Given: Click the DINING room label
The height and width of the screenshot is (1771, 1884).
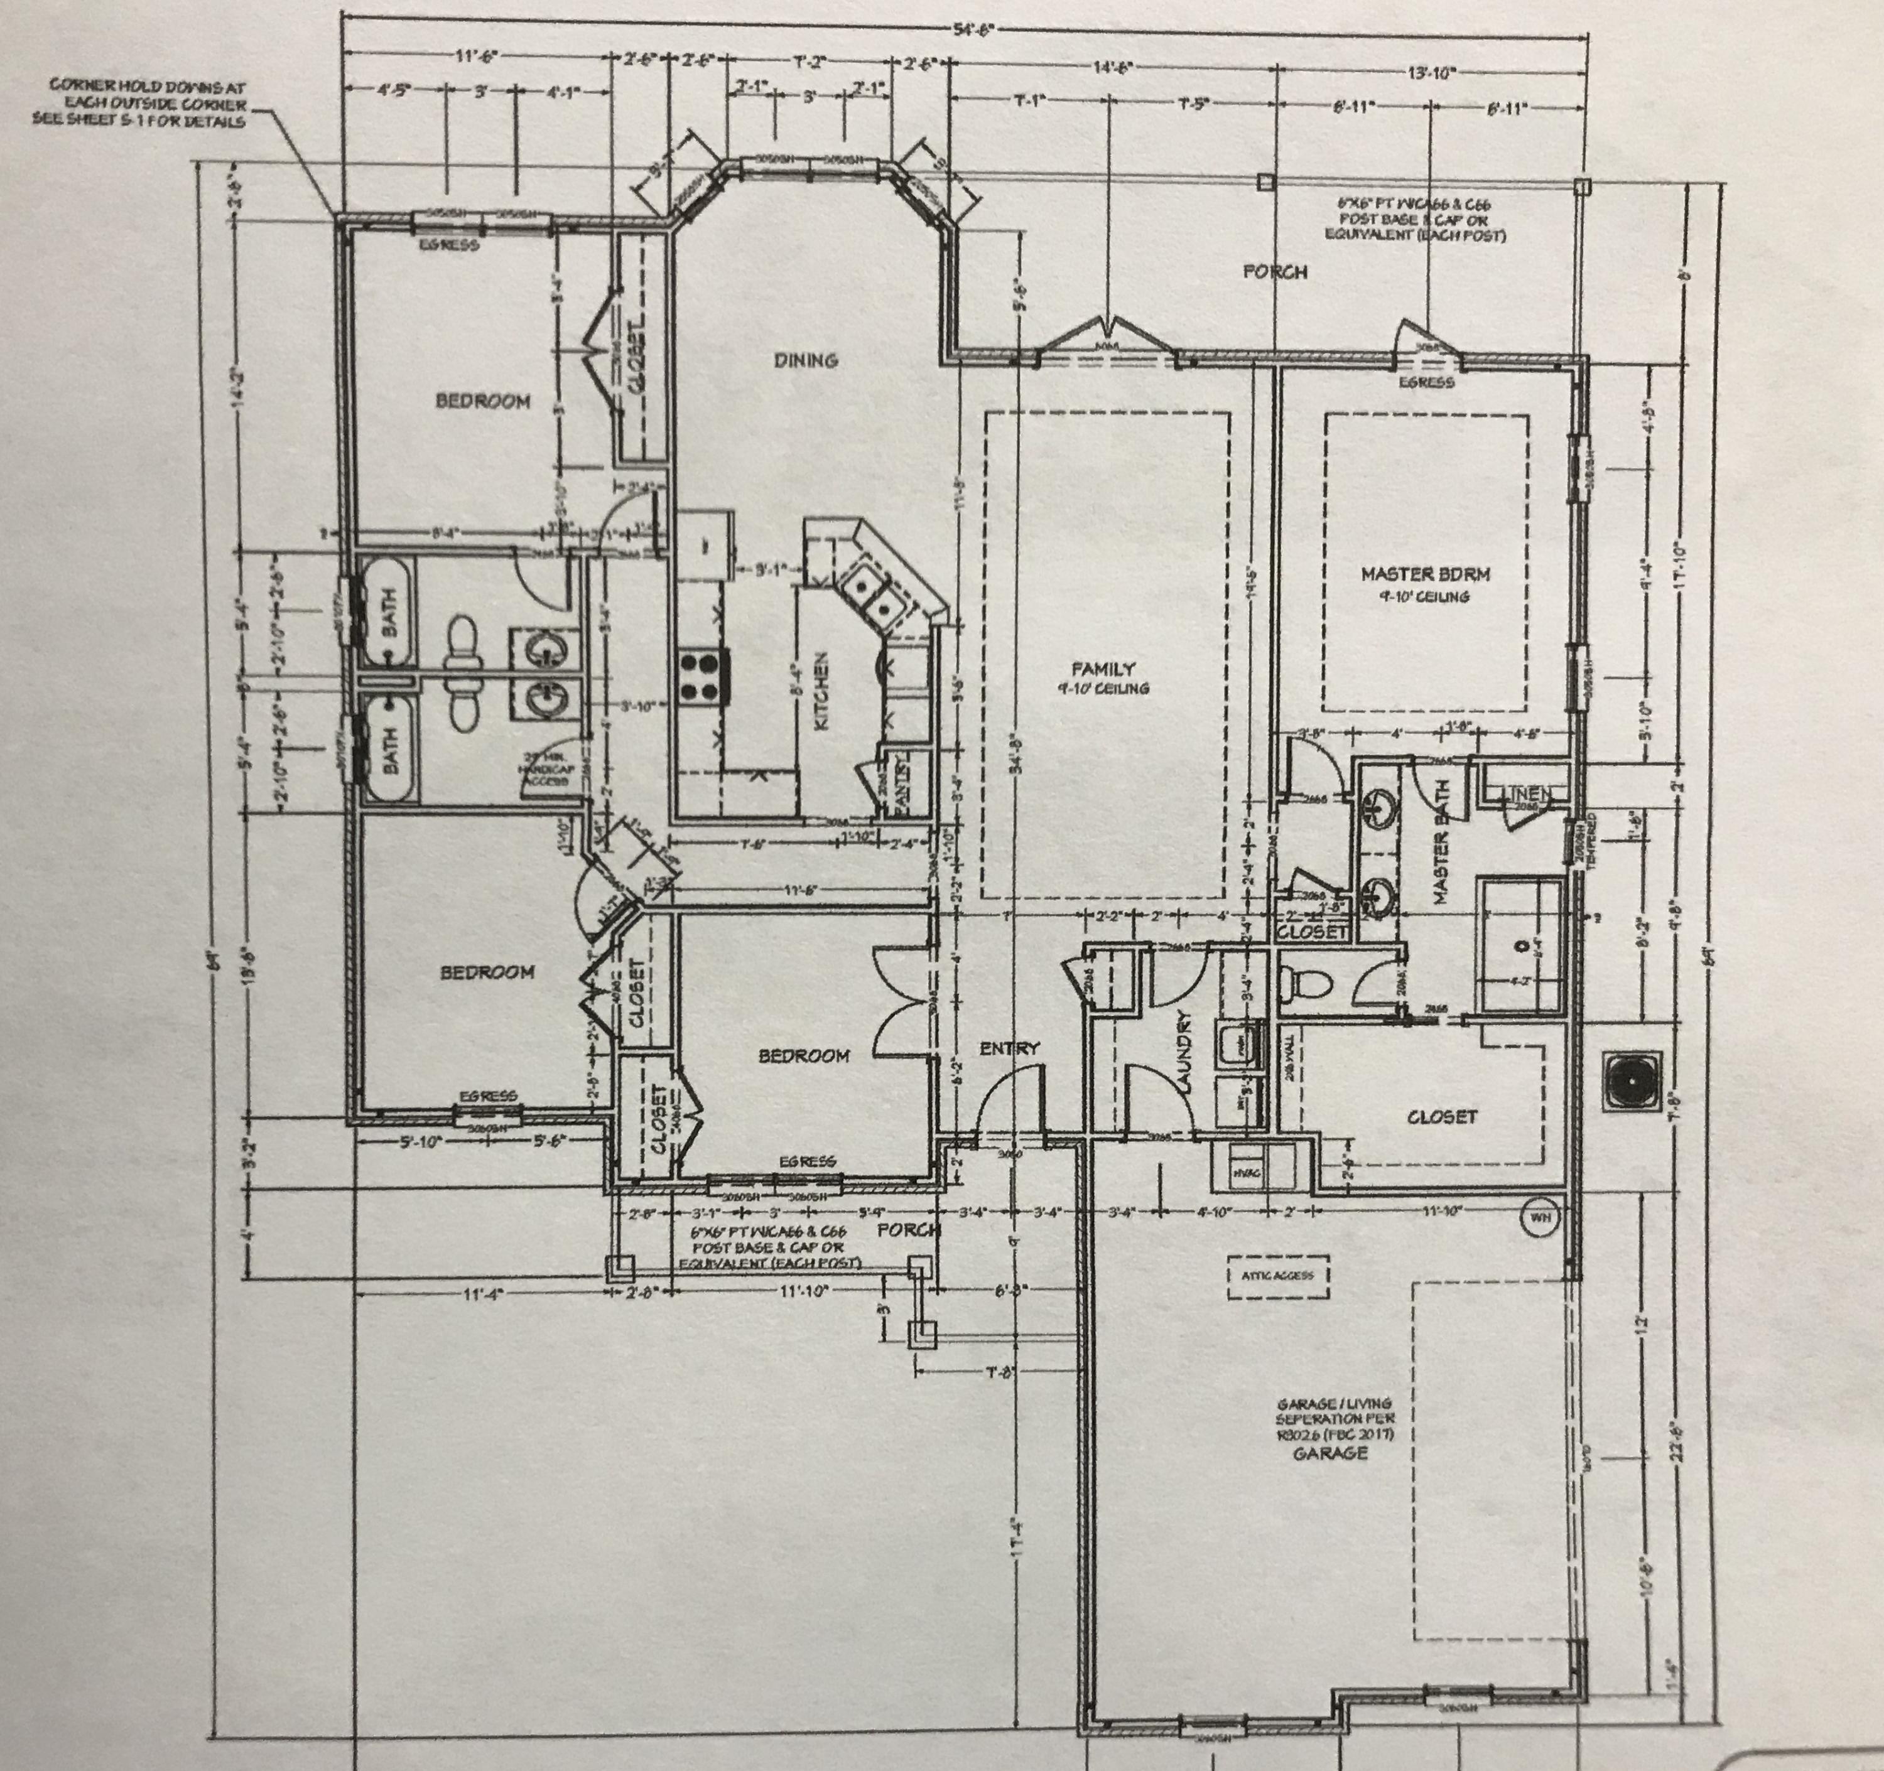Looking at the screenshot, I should coord(806,360).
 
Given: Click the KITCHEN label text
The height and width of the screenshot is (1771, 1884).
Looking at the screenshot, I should coord(821,690).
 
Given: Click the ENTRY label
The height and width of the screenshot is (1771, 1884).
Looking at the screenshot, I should coord(1009,1048).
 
